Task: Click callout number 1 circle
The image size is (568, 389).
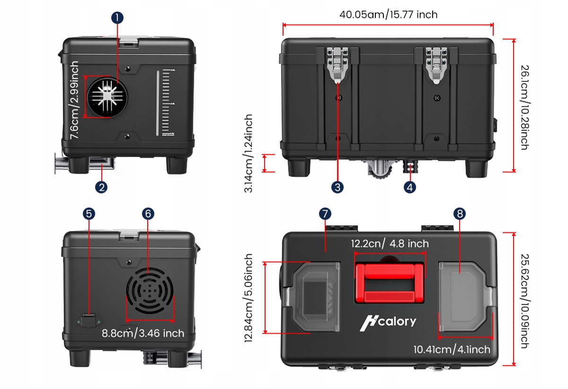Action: coord(117,18)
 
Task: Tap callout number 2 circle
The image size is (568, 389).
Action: coord(101,187)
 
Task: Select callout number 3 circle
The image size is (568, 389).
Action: coord(337,187)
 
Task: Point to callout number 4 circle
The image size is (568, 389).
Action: coord(410,187)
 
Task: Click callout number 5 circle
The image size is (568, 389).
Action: coord(89,213)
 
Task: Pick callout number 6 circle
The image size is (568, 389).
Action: coord(148,213)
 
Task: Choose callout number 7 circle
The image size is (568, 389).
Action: coord(325,213)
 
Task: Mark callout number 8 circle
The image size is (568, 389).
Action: coord(459,213)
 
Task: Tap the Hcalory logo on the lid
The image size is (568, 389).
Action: coord(388,322)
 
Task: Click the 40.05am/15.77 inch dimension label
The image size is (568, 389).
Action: coord(388,14)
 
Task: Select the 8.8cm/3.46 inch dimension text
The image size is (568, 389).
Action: coord(143,333)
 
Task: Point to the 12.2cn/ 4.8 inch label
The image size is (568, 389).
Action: coord(390,244)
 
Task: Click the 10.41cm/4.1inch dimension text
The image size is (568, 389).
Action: coord(452,350)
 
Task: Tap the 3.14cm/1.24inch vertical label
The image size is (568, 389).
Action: coord(248,153)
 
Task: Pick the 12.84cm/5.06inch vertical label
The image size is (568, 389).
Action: coord(248,298)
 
